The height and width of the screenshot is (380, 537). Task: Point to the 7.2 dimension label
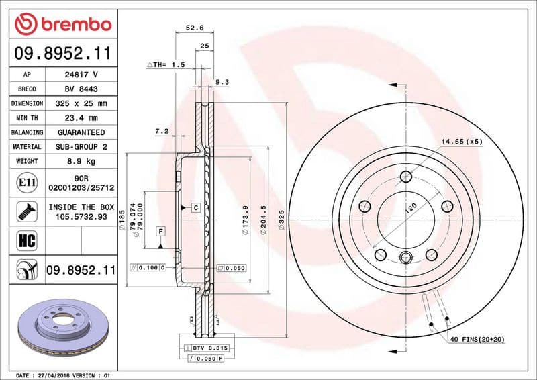coord(161,132)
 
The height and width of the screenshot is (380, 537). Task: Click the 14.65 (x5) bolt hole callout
coord(462,142)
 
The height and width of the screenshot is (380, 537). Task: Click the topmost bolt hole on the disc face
coord(405,177)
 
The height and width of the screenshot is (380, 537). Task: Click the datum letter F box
coord(160,232)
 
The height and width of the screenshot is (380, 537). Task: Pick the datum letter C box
coord(195,207)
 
